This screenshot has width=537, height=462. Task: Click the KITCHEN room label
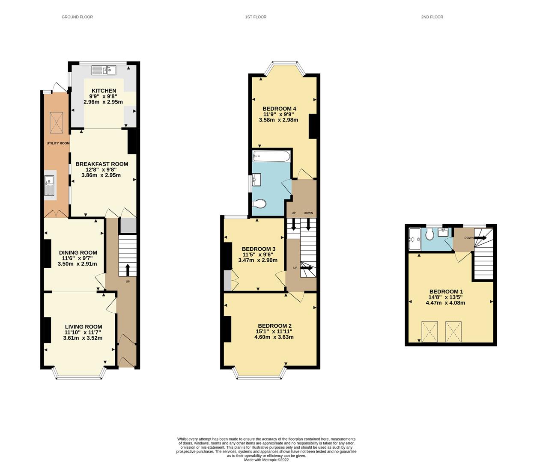click(104, 91)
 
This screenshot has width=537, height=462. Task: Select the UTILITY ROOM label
click(58, 143)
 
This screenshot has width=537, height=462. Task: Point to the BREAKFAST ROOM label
click(102, 164)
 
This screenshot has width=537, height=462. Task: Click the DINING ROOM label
click(78, 252)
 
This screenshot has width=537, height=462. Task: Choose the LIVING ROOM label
click(83, 326)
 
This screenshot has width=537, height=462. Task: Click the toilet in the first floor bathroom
click(260, 204)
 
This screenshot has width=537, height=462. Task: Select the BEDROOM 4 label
click(279, 109)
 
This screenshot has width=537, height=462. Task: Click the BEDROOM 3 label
click(258, 249)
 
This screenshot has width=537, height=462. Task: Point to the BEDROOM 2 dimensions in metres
click(274, 337)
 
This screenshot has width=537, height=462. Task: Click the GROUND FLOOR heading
click(77, 17)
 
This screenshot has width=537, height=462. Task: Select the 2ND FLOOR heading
click(432, 17)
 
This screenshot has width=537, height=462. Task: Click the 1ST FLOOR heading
click(256, 17)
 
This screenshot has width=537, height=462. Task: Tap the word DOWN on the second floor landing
click(469, 238)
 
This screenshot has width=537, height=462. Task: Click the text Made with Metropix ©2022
click(266, 460)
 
